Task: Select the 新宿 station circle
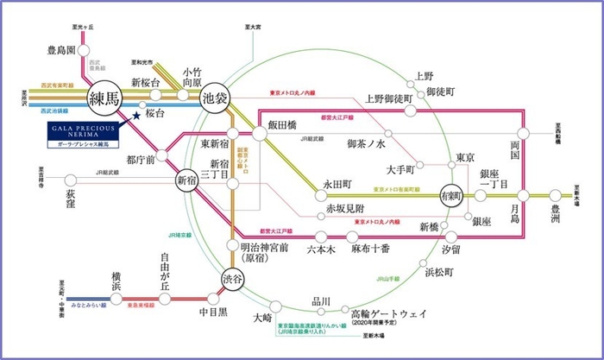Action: (x=188, y=180)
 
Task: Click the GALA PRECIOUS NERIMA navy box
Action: (x=83, y=130)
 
